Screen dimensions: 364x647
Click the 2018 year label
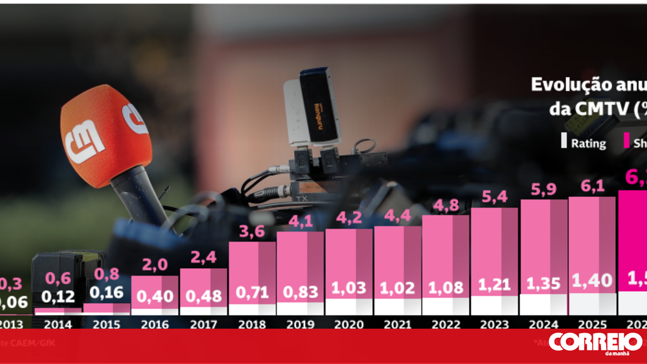click(x=252, y=324)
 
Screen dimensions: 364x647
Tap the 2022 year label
click(x=445, y=324)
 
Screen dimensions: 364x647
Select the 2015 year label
click(x=106, y=324)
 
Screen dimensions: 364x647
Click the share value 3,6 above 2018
click(x=252, y=232)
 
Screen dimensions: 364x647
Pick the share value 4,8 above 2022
click(x=445, y=205)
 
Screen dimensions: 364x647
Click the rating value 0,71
click(x=252, y=291)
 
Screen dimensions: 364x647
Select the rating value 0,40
click(x=155, y=295)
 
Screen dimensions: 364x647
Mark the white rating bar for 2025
click(x=592, y=304)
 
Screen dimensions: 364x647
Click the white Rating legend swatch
click(x=564, y=141)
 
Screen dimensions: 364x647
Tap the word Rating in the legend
click(x=588, y=143)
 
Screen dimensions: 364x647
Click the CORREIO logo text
click(x=595, y=342)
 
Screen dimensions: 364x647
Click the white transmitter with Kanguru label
click(x=312, y=108)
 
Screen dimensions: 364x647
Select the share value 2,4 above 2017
click(x=203, y=258)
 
